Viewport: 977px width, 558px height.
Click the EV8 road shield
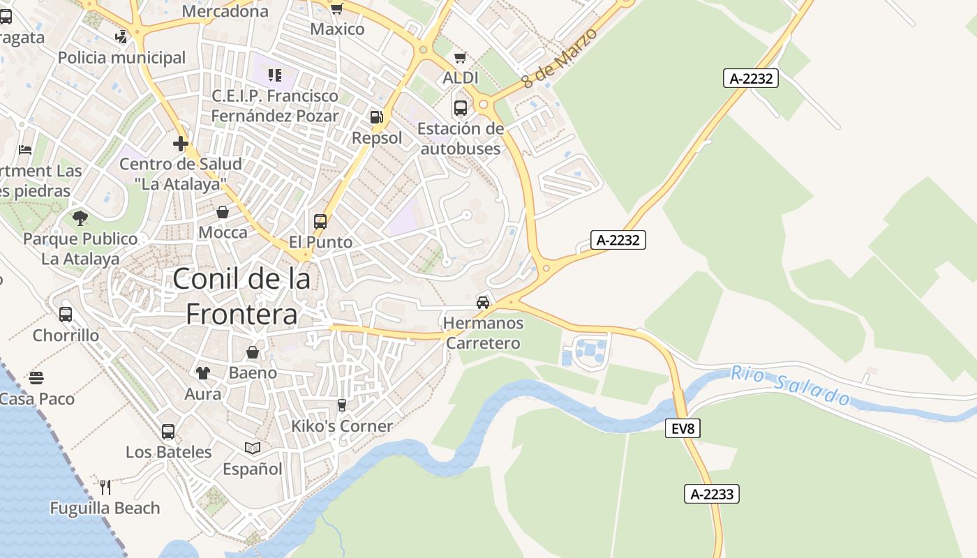click(x=683, y=428)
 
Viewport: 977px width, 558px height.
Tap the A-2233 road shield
click(x=711, y=495)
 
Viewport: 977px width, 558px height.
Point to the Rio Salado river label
click(x=791, y=384)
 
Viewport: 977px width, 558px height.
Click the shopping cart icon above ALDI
click(x=460, y=57)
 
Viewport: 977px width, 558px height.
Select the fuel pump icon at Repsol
click(x=377, y=117)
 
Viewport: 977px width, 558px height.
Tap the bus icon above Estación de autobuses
click(x=461, y=108)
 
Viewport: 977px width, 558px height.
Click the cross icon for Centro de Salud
click(x=181, y=144)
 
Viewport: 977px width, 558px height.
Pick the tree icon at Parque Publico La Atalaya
click(x=80, y=218)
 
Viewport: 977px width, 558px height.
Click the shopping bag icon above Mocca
click(x=223, y=212)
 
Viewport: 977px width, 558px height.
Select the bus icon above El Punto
click(x=320, y=222)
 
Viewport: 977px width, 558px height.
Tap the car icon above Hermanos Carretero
click(x=483, y=303)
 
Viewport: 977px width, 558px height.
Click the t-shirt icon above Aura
click(x=202, y=373)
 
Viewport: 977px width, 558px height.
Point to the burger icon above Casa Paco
click(x=36, y=378)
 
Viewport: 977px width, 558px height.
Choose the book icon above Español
click(x=253, y=448)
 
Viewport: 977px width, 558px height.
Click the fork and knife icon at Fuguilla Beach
click(x=105, y=487)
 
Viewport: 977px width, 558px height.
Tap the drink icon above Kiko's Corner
click(x=342, y=405)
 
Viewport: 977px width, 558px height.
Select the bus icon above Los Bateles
click(x=168, y=431)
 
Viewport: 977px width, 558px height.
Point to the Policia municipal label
click(x=122, y=57)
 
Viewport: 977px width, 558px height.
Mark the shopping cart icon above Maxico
click(x=337, y=8)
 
